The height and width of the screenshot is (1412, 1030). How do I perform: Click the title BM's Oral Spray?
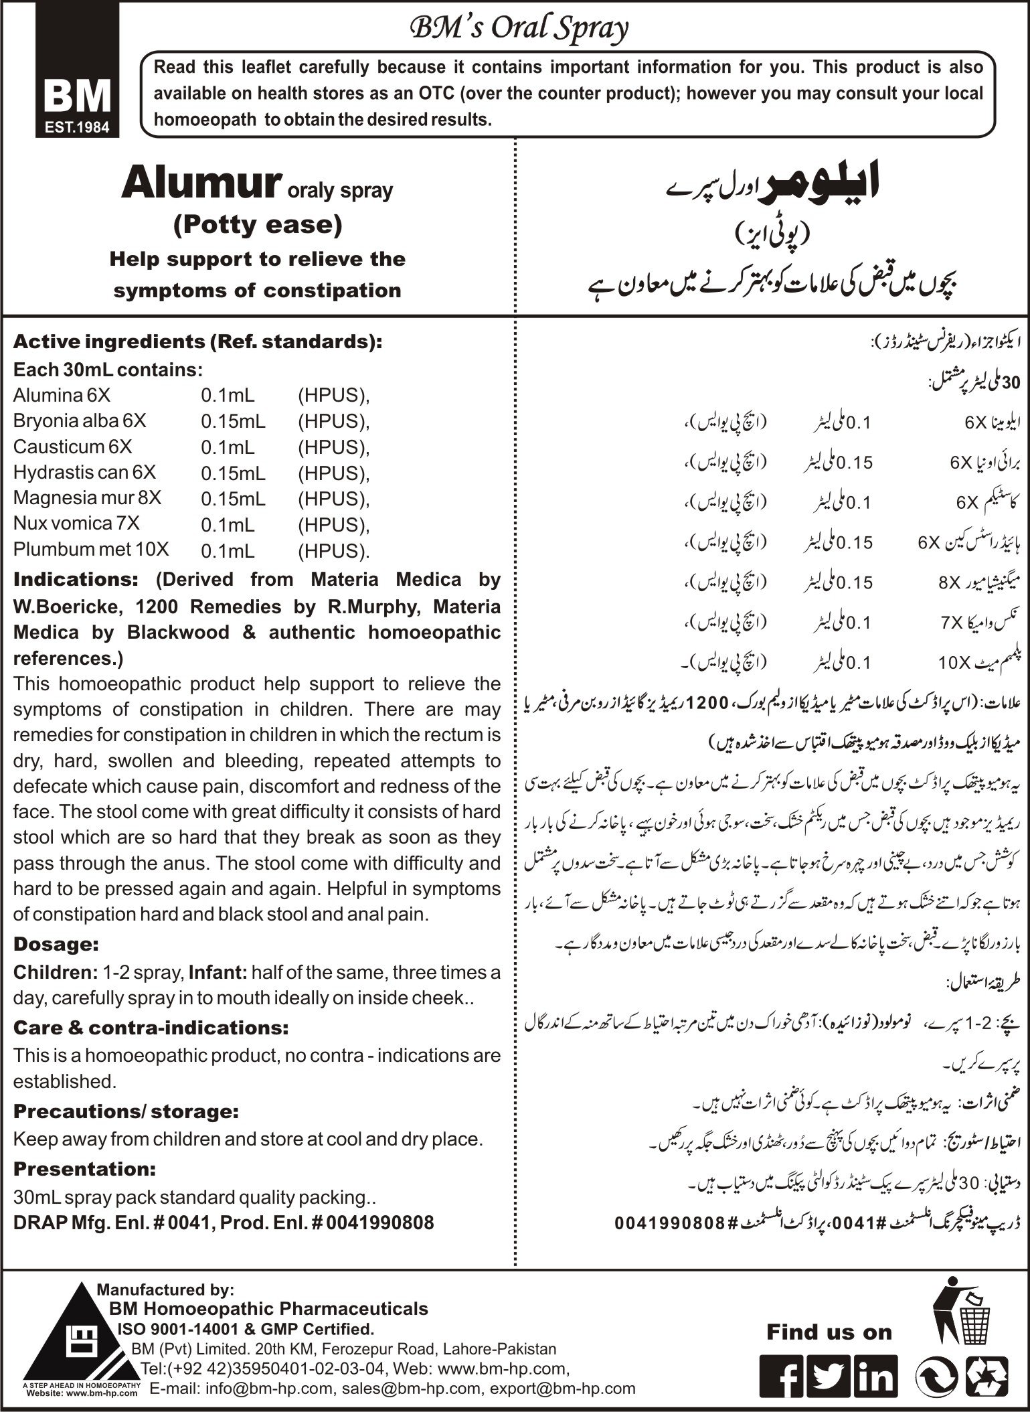[x=519, y=29]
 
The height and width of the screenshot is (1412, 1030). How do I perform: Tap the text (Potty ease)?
[x=258, y=224]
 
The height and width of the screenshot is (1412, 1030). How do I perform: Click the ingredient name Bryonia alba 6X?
[x=80, y=420]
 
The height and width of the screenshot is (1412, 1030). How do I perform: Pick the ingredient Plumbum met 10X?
[x=91, y=549]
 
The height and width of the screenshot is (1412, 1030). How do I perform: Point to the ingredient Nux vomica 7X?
[x=76, y=524]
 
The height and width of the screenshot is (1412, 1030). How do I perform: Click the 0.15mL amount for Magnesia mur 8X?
[x=233, y=499]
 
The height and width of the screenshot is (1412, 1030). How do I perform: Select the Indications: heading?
[x=76, y=579]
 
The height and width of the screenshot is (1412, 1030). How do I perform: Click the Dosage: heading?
[x=56, y=945]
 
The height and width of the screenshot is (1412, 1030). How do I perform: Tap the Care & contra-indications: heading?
[x=151, y=1027]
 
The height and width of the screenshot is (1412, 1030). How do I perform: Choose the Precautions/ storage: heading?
[x=126, y=1111]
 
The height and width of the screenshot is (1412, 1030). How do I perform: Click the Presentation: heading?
[x=84, y=1169]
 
